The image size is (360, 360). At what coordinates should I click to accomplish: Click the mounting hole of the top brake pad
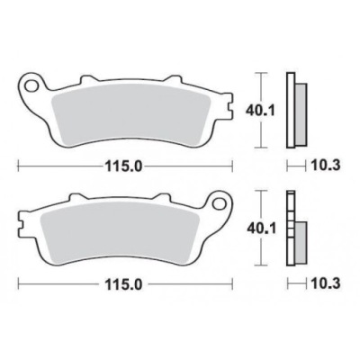[x=31, y=85]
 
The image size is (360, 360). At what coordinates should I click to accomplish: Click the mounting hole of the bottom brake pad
[x=219, y=202]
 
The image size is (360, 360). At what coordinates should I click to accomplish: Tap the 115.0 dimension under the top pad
[x=123, y=166]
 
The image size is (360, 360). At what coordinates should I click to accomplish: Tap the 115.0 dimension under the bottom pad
[x=123, y=284]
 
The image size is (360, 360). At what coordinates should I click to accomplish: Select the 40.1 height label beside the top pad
[x=260, y=112]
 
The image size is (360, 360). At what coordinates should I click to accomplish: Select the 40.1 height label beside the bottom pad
[x=260, y=229]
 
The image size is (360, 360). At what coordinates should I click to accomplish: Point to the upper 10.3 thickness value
[x=326, y=166]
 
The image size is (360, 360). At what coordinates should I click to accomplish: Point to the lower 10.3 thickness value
[x=326, y=283]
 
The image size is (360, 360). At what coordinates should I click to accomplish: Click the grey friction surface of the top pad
[x=130, y=113]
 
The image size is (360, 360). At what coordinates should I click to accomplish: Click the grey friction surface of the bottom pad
[x=120, y=231]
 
